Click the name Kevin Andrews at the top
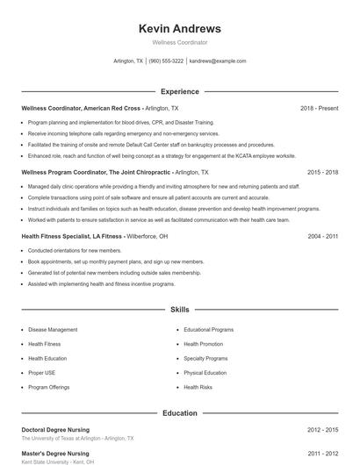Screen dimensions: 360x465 (x=179, y=28)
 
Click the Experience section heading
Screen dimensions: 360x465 (x=179, y=91)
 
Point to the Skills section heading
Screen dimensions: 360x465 (x=179, y=310)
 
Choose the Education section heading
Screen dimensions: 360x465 (x=179, y=412)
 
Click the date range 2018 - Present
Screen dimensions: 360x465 (x=319, y=108)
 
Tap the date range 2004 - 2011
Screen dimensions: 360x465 (x=322, y=237)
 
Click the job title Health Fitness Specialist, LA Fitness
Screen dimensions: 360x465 (x=72, y=237)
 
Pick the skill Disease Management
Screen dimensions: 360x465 (x=53, y=330)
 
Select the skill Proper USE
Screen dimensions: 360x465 (x=42, y=373)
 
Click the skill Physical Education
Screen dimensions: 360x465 (x=205, y=373)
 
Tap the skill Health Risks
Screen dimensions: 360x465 (x=198, y=387)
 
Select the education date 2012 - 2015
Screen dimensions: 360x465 (x=322, y=430)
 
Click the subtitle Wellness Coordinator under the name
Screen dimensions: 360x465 (x=179, y=42)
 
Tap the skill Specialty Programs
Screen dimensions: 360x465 (x=205, y=359)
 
